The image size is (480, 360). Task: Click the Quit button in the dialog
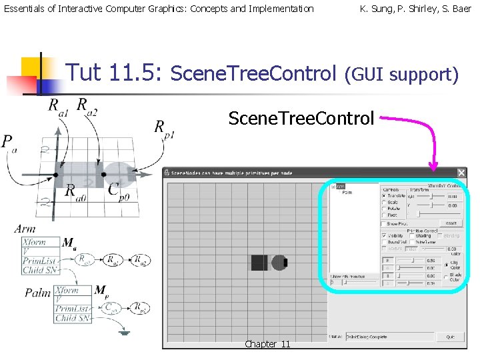click(x=451, y=337)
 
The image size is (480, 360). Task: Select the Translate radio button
click(x=384, y=195)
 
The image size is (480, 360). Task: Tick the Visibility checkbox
click(x=384, y=235)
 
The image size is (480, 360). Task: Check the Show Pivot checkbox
click(x=384, y=224)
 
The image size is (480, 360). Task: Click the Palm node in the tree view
click(x=347, y=193)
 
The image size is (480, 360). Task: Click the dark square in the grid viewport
click(x=259, y=263)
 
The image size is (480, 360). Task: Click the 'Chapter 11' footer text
click(x=267, y=344)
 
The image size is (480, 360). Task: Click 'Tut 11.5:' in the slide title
click(x=116, y=72)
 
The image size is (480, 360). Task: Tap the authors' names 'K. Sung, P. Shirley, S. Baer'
click(x=415, y=9)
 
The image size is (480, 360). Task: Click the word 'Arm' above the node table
click(x=25, y=229)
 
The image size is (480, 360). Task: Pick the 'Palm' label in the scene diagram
click(x=37, y=293)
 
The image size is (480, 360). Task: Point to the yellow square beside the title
click(x=31, y=67)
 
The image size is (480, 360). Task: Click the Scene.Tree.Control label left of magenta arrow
click(x=301, y=119)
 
